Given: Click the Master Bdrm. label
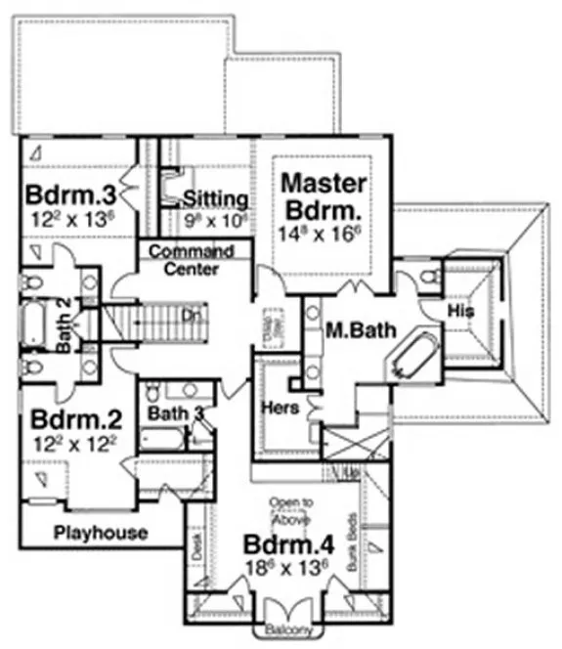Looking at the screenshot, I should tap(324, 196).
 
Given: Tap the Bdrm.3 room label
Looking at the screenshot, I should tap(66, 192).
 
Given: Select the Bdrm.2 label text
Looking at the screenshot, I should tap(75, 420).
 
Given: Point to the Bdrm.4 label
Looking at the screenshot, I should tap(282, 544).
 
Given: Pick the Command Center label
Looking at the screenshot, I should tap(191, 259).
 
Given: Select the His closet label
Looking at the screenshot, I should tap(460, 310).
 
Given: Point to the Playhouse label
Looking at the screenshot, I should tap(101, 533).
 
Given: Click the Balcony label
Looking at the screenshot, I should tap(289, 630).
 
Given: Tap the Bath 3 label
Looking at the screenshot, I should tap(173, 413).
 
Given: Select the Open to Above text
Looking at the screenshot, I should tap(291, 511).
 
